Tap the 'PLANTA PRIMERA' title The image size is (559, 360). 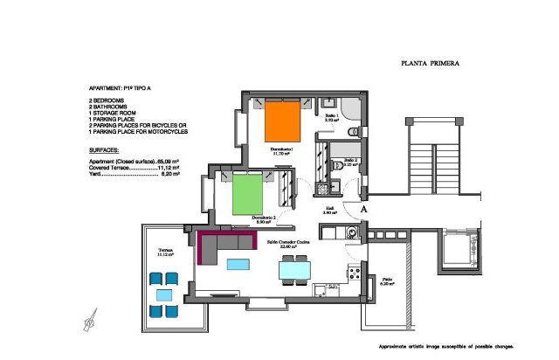(430, 63)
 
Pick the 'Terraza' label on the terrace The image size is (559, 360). (165, 251)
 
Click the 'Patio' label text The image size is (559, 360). (387, 280)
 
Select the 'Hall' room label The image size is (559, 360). (330, 209)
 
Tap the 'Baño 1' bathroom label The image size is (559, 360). (332, 116)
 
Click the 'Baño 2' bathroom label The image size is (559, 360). (349, 161)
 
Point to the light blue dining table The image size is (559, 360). (293, 270)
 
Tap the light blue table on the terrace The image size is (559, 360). (164, 294)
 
